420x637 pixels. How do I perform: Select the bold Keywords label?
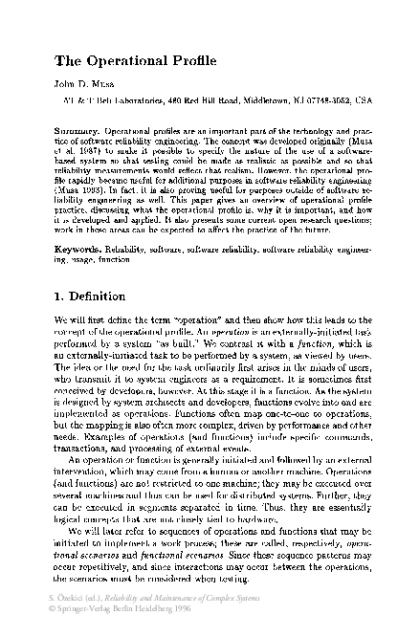pos(77,246)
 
